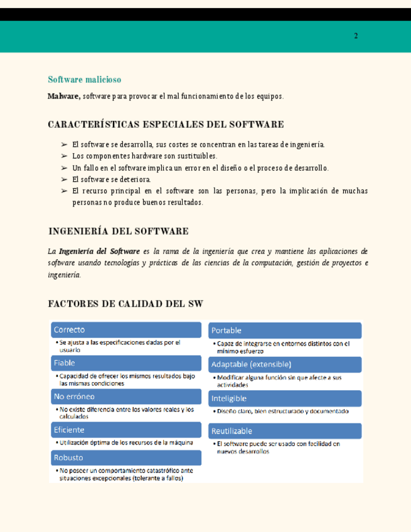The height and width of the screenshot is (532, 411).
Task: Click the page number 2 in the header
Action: [356, 36]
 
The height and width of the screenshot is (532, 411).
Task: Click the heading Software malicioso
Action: [84, 80]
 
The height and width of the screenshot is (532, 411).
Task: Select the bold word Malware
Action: [63, 96]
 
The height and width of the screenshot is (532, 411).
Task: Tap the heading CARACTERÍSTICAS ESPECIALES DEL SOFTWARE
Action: [166, 125]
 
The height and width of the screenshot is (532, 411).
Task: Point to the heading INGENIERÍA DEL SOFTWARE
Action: [118, 231]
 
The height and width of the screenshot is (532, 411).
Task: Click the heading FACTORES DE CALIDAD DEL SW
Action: [125, 304]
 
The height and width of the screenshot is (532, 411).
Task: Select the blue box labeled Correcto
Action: [125, 330]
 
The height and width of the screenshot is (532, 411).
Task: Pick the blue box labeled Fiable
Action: [125, 363]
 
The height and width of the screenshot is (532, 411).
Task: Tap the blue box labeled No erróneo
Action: [125, 396]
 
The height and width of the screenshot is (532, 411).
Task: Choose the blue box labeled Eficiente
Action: [125, 430]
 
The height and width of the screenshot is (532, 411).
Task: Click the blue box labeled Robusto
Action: [125, 458]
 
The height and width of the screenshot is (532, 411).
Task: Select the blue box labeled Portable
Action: [285, 331]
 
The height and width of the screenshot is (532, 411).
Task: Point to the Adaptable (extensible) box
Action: [285, 364]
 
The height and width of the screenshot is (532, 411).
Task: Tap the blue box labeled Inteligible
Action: [285, 398]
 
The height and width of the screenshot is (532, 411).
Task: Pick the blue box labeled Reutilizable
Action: [285, 431]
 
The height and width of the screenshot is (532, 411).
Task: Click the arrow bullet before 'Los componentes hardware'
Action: [64, 156]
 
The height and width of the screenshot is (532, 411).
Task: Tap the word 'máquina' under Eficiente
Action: [180, 442]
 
